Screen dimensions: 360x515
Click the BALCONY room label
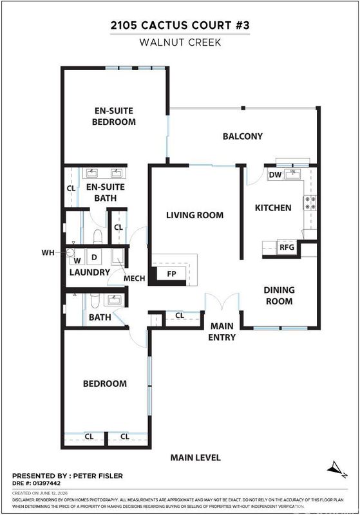(x=243, y=136)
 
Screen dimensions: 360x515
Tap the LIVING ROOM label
(x=194, y=215)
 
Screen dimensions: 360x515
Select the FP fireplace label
(x=171, y=274)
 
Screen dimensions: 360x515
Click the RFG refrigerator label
(x=287, y=247)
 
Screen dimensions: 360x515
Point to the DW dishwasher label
(x=275, y=174)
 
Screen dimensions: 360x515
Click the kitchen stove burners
(x=310, y=202)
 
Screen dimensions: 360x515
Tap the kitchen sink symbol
(x=293, y=174)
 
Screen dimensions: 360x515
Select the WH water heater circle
(x=70, y=252)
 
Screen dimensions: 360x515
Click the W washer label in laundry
(x=77, y=261)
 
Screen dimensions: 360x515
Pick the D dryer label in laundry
(x=94, y=257)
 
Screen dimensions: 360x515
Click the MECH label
(x=135, y=279)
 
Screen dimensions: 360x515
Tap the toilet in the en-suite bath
(x=97, y=236)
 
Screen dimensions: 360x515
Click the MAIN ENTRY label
(x=222, y=332)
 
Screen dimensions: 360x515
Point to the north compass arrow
(x=336, y=468)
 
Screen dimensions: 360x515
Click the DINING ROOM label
(x=279, y=295)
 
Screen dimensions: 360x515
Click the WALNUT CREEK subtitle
(x=180, y=42)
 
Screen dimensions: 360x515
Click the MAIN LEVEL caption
(x=195, y=458)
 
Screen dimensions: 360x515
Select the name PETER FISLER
(x=98, y=476)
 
